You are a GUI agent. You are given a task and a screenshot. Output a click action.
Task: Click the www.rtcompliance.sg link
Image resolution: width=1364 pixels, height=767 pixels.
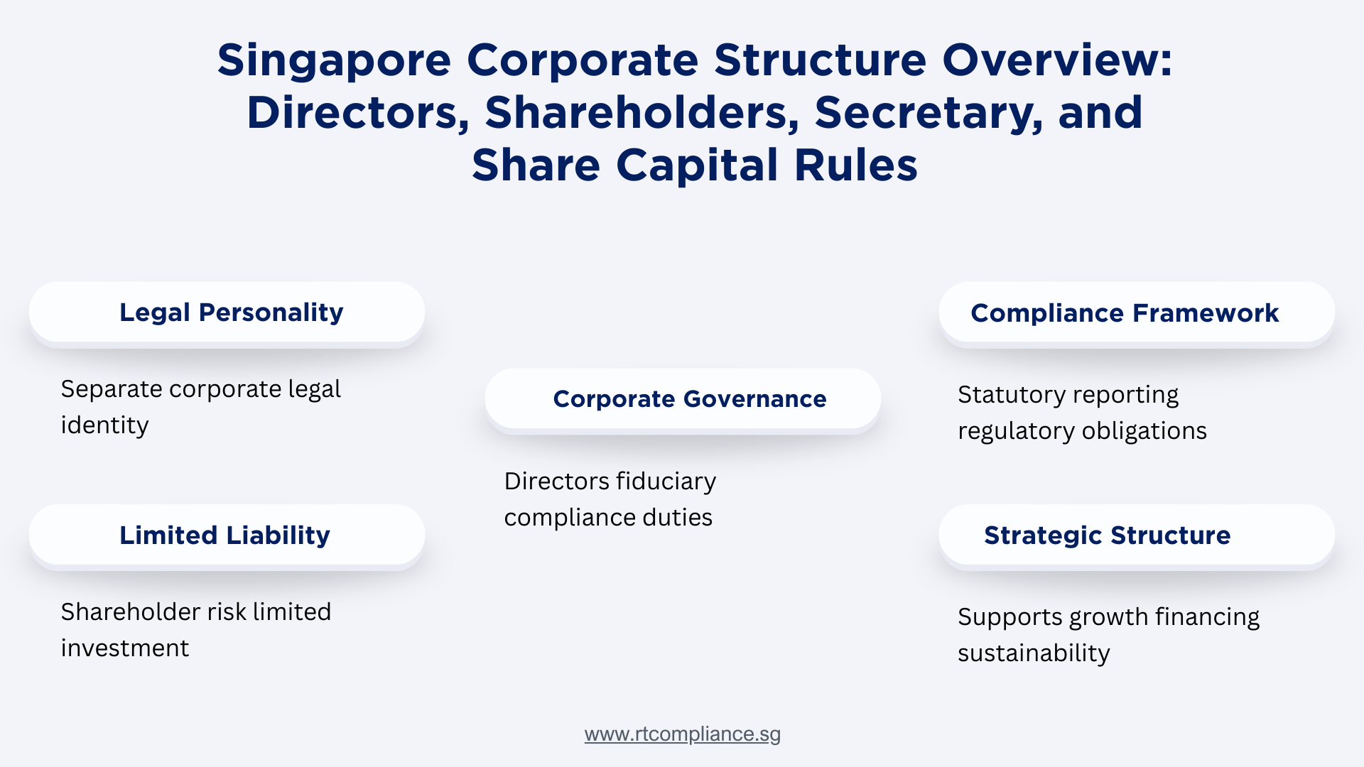click(682, 734)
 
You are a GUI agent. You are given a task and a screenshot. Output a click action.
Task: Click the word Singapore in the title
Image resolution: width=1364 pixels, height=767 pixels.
click(334, 60)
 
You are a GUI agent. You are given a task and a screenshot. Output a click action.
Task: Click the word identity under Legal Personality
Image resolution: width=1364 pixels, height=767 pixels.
click(104, 425)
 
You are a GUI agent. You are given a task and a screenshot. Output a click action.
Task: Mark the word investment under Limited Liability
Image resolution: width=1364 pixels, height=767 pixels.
click(125, 648)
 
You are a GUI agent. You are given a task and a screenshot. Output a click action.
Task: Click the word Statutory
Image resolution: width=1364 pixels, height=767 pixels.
click(1007, 395)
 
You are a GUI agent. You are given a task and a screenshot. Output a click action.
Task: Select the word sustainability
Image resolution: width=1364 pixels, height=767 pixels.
click(1034, 653)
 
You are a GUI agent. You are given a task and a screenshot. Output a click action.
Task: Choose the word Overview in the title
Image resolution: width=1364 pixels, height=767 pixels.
click(1056, 60)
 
